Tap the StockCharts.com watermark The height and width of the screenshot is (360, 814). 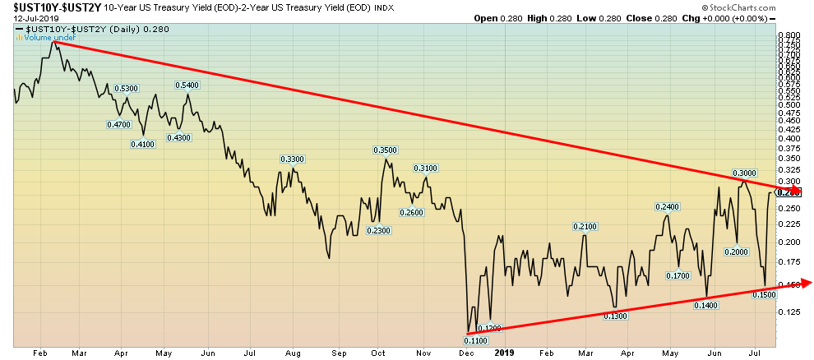[770, 8]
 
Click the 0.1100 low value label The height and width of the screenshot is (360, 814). [475, 341]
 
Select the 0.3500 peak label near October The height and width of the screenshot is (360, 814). [385, 150]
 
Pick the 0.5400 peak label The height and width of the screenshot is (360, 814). [187, 85]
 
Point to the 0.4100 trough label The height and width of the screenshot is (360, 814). [142, 145]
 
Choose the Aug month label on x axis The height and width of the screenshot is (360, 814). [292, 353]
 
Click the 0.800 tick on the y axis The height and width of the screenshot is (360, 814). [789, 36]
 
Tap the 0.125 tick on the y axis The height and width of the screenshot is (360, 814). [789, 312]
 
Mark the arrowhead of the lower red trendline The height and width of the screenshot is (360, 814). [807, 283]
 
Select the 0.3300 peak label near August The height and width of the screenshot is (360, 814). [292, 159]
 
